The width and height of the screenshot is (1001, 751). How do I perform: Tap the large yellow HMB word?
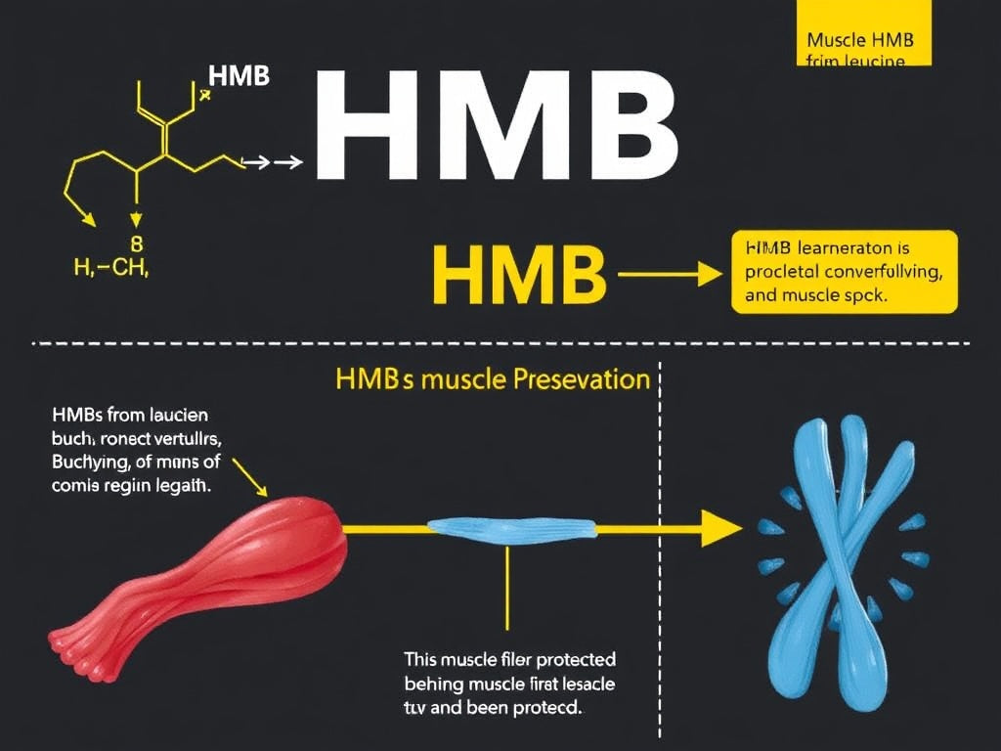click(519, 275)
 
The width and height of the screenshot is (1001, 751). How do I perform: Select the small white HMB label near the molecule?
click(239, 77)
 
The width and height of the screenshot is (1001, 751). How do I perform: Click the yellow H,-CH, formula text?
click(110, 268)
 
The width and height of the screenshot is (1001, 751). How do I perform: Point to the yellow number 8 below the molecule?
click(136, 243)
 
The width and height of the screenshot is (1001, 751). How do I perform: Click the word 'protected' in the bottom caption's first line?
click(571, 660)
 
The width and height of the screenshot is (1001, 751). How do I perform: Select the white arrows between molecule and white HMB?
click(273, 163)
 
